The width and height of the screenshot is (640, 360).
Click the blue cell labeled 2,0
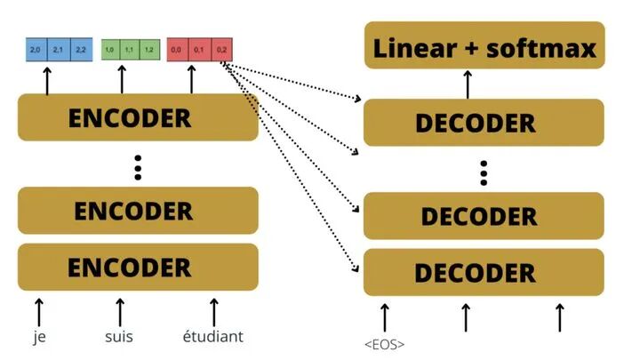coord(36,49)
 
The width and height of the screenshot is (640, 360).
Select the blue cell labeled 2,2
coord(81,49)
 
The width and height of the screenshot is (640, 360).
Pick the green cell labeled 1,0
coord(110,49)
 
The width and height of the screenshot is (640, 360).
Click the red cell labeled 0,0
coord(178,49)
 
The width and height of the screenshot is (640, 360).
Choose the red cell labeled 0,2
coord(222,49)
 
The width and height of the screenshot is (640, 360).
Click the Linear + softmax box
coord(484,47)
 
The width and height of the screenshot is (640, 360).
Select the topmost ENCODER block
coord(138,117)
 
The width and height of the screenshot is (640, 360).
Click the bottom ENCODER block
coord(138,267)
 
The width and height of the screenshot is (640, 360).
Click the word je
coord(38,337)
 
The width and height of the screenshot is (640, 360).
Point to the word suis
coord(120,337)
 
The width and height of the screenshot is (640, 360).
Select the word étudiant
coord(212,337)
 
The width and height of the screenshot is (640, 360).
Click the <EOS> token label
coord(385,343)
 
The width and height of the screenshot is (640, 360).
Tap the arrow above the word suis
coord(120,310)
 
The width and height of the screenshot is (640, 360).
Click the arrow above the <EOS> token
coord(385,316)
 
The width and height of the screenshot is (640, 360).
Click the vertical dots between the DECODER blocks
coord(484,173)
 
